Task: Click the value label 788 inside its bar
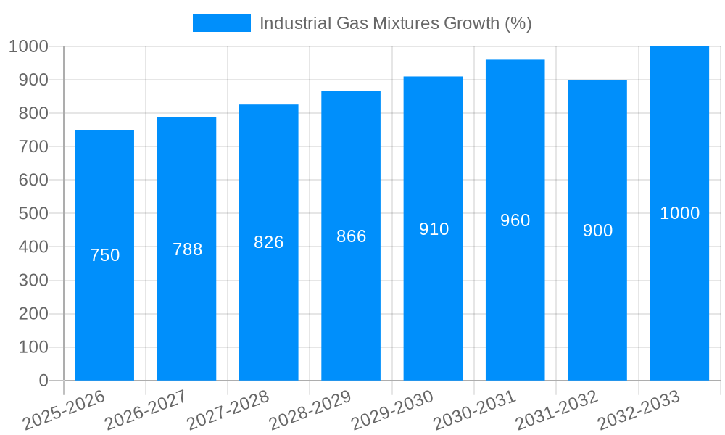pos(187,249)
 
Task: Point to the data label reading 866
pos(351,236)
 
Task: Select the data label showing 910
pos(434,229)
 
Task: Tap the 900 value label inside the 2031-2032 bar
pos(597,231)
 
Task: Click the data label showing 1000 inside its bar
pos(679,213)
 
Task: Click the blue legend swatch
pos(221,23)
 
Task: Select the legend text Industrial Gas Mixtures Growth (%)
pos(395,23)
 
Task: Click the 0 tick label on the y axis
pos(43,381)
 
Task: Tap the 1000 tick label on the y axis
pos(28,46)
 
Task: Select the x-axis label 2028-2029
pos(310,410)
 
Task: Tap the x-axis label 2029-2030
pos(393,410)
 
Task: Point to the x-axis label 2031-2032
pos(557,410)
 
